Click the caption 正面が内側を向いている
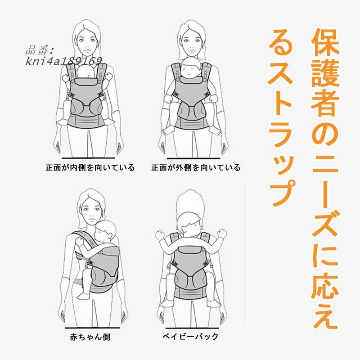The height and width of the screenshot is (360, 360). pos(90,168)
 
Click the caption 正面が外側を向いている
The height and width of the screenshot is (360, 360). pos(196,168)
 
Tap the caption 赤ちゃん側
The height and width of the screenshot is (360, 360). pos(90,336)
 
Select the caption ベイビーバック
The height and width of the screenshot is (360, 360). pos(190,336)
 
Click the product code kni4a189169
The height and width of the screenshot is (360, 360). pos(63,61)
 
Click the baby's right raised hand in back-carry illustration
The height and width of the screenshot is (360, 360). pos(222,233)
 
